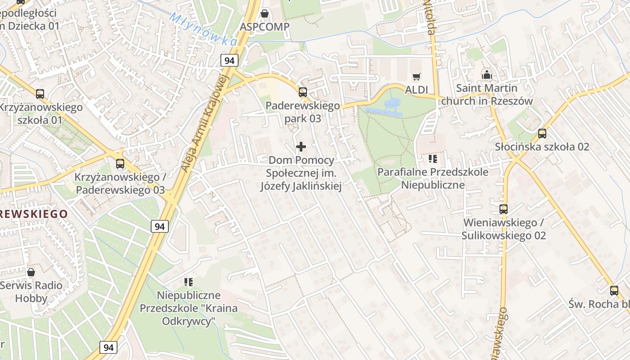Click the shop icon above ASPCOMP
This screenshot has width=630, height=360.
click(x=265, y=13)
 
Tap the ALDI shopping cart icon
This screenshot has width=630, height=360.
click(x=416, y=77)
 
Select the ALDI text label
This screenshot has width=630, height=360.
click(x=416, y=90)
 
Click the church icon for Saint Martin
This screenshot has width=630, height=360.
click(x=486, y=75)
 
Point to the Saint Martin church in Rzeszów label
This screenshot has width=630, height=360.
click(x=486, y=94)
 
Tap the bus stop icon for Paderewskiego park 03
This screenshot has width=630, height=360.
click(x=303, y=92)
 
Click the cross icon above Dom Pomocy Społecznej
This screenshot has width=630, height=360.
click(x=301, y=147)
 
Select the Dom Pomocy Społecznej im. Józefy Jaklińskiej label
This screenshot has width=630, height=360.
click(x=301, y=173)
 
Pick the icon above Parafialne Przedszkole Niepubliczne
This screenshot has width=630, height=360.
click(x=432, y=158)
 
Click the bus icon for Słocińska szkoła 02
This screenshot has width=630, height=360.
click(x=542, y=134)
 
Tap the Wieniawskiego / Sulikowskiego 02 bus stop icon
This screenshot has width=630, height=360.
click(x=503, y=209)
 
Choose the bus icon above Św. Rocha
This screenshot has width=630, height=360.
click(x=614, y=291)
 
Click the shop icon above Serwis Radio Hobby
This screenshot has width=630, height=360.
click(x=31, y=272)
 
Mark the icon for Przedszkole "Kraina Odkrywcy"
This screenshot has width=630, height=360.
click(x=188, y=282)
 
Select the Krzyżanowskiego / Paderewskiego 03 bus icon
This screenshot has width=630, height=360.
click(x=120, y=164)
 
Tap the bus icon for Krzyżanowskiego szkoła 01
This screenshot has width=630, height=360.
click(x=40, y=94)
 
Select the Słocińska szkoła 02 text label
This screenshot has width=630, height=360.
click(x=542, y=147)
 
